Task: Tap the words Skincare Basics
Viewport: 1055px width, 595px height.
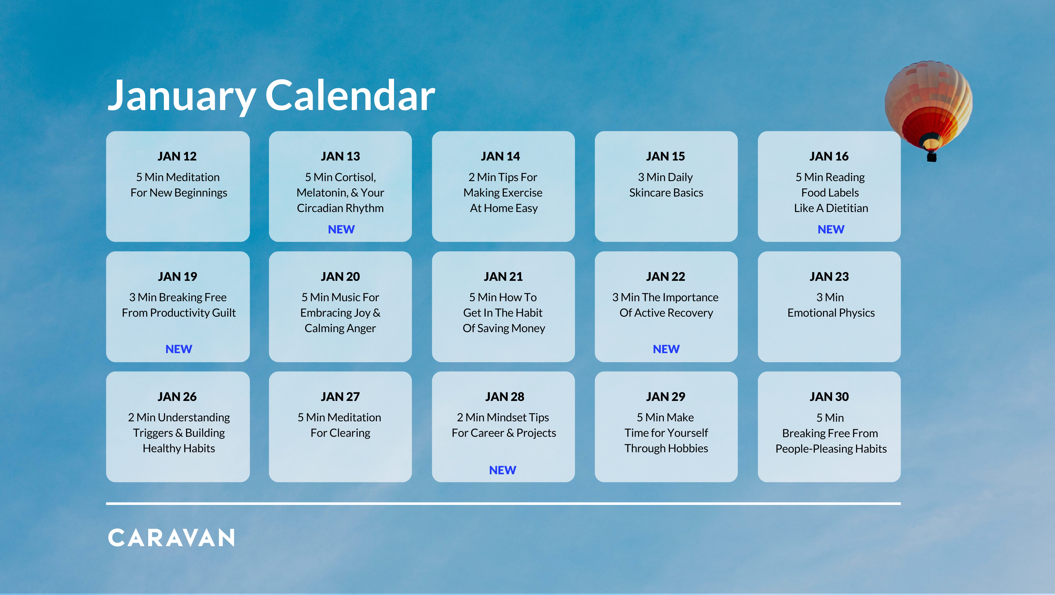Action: click(x=666, y=193)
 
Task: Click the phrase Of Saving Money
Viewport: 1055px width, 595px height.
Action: click(x=504, y=328)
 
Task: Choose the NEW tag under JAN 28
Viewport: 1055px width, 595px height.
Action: click(x=502, y=470)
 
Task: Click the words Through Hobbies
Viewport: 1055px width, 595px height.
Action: click(x=666, y=448)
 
